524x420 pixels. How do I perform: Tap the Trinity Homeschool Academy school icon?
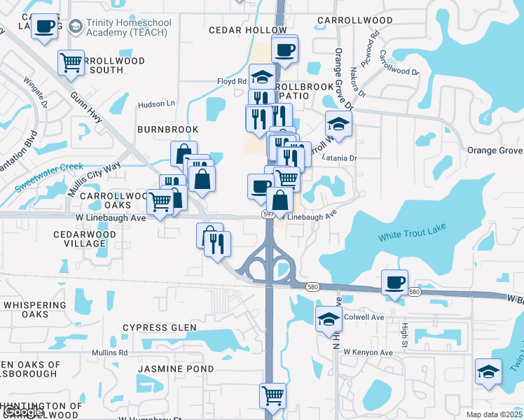pos(75,27)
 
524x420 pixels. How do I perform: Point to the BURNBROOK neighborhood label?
pos(167,129)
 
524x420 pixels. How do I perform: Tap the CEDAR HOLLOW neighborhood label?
pos(248,30)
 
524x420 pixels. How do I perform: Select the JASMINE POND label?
pos(165,368)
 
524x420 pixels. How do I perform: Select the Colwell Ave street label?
pos(364,317)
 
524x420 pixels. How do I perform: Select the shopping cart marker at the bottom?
pos(273,395)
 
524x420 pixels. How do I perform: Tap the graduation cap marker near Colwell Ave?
pos(328,319)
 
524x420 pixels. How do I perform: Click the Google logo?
pos(22,412)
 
